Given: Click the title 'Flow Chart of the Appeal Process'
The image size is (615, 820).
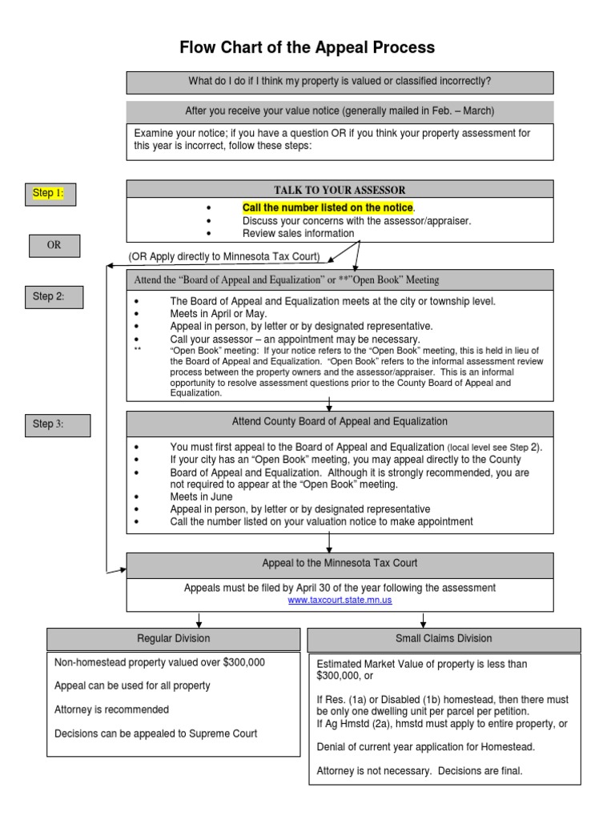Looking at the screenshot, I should pyautogui.click(x=307, y=48).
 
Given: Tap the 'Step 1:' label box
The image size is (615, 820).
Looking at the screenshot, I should pyautogui.click(x=50, y=193).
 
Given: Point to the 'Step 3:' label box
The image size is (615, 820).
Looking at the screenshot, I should pyautogui.click(x=57, y=424).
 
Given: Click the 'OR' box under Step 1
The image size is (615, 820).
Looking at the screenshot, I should pyautogui.click(x=54, y=246).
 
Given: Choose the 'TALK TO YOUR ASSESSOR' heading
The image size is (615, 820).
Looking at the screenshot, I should pyautogui.click(x=340, y=190).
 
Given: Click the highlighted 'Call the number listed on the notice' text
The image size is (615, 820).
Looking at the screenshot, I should pyautogui.click(x=328, y=208).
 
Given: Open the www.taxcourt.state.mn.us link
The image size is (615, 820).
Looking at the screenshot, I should pyautogui.click(x=340, y=600).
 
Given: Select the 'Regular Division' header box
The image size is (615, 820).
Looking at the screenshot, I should pyautogui.click(x=174, y=639).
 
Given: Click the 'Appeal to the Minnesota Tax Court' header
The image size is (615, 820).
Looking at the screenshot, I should pyautogui.click(x=340, y=564).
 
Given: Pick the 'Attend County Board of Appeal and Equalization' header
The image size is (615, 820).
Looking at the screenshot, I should pyautogui.click(x=340, y=422).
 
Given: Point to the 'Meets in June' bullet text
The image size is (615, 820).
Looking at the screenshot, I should pyautogui.click(x=201, y=497).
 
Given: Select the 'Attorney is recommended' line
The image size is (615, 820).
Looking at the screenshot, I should pyautogui.click(x=111, y=709).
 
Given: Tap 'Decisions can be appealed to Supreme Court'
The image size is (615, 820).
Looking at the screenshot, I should pyautogui.click(x=155, y=733).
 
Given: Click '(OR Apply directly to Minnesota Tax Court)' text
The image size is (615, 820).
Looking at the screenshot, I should pyautogui.click(x=224, y=257).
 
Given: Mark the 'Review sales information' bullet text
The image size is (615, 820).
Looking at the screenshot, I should pyautogui.click(x=298, y=234).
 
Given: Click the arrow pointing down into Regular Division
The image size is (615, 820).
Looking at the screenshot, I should pyautogui.click(x=199, y=621).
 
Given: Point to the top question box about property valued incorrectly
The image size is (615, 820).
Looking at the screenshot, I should pyautogui.click(x=340, y=82).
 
